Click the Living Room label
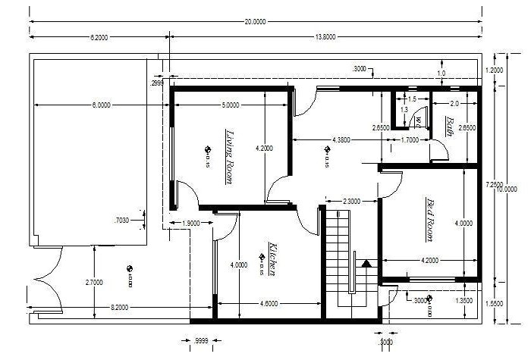[228, 155]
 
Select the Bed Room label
[431, 220]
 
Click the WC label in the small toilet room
[418, 121]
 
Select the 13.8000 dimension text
[326, 36]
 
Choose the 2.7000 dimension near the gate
[94, 283]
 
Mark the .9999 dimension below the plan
[202, 340]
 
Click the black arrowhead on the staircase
[367, 265]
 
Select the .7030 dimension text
[121, 221]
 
